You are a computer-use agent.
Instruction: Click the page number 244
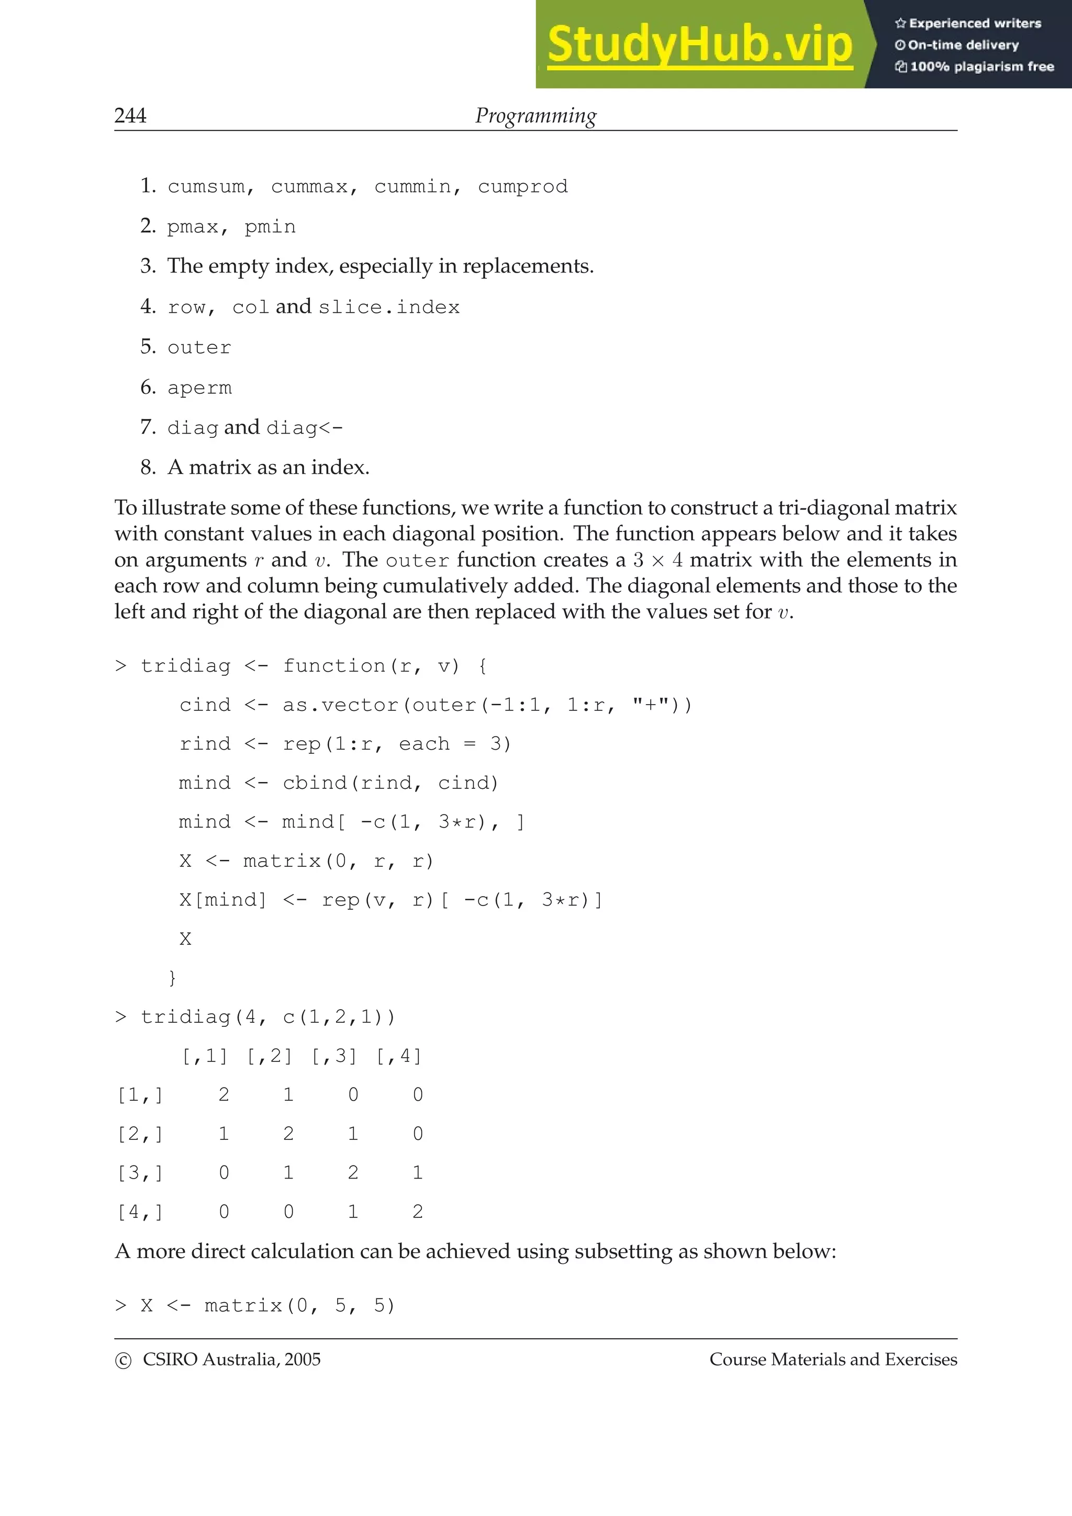tap(130, 116)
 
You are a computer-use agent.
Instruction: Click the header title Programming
tap(535, 116)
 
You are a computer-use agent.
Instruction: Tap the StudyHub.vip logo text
tap(699, 45)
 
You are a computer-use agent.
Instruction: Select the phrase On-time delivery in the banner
tap(963, 45)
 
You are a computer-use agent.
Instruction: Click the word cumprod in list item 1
tap(522, 187)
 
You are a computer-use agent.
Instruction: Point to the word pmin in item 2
tap(270, 227)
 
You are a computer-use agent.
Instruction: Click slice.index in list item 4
tap(389, 308)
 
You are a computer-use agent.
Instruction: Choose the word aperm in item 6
tap(199, 388)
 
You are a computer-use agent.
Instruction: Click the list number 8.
tap(147, 468)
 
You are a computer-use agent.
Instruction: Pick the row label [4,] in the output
tap(140, 1212)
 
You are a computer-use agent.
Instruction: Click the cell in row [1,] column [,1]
tap(224, 1095)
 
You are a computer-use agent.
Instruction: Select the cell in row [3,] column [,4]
tap(417, 1173)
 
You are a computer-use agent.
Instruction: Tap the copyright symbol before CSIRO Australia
tap(123, 1361)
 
